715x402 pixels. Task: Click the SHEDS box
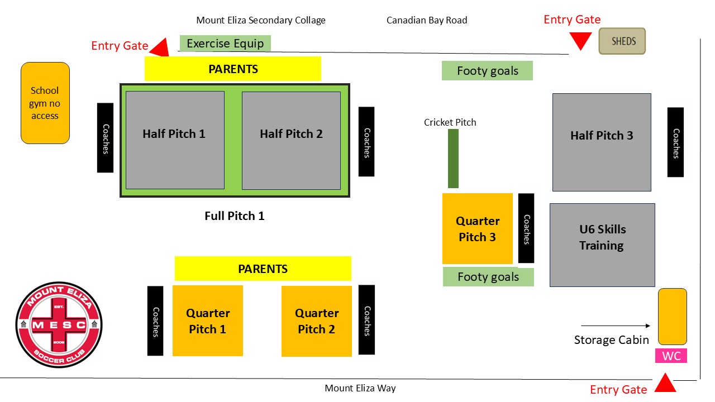point(622,41)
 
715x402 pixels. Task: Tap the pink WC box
point(671,356)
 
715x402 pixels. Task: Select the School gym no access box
point(45,103)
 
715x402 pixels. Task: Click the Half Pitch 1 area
point(175,140)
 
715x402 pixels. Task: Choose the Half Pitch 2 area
point(291,140)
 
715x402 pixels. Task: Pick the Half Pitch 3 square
point(602,142)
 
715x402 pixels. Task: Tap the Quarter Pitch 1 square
point(208,321)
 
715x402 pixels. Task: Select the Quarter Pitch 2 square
point(317,321)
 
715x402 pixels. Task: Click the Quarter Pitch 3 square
point(478,229)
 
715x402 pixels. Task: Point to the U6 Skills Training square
point(602,245)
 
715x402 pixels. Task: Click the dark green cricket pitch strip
point(453,159)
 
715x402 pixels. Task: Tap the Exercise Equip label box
point(225,43)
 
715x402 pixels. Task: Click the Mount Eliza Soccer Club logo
point(59,324)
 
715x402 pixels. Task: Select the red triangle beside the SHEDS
point(581,41)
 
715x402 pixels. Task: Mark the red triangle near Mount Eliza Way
point(665,384)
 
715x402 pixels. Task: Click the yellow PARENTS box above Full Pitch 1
point(233,69)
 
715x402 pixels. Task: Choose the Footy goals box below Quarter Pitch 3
point(488,277)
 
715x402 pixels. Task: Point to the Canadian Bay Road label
point(427,21)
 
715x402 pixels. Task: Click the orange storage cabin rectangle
point(672,316)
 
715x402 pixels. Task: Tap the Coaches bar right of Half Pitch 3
point(675,142)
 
